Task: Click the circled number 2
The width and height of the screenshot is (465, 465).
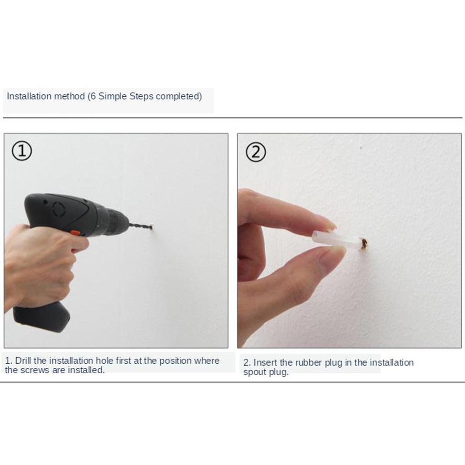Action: point(256,152)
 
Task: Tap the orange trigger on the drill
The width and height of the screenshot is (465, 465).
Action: point(76,233)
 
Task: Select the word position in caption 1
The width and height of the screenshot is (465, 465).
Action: point(175,361)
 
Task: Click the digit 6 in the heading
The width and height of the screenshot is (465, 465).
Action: point(93,96)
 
